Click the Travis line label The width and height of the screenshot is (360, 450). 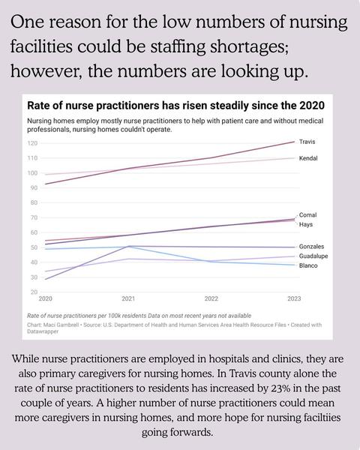click(307, 142)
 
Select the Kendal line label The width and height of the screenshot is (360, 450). click(308, 158)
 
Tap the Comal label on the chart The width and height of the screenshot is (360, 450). click(307, 215)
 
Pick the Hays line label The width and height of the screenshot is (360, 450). click(306, 224)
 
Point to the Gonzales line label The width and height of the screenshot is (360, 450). click(311, 247)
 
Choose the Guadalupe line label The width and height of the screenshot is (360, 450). click(313, 256)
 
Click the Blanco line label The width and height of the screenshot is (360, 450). click(308, 265)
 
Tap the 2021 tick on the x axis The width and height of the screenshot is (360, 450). click(128, 298)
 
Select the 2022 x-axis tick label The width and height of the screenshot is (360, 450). click(211, 298)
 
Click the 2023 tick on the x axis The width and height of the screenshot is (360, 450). click(294, 298)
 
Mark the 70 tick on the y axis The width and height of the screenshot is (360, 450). click(34, 217)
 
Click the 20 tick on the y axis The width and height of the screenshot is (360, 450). click(34, 292)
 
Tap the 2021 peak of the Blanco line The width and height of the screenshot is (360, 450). click(128, 246)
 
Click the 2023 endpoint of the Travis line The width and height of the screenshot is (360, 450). click(294, 142)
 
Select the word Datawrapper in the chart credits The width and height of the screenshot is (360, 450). click(43, 331)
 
